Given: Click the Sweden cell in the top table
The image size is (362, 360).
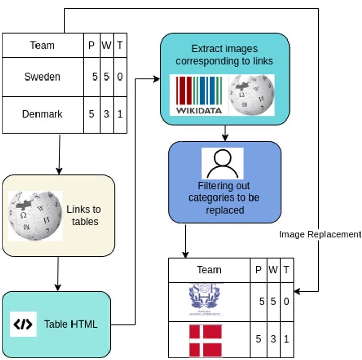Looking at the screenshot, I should (x=43, y=77).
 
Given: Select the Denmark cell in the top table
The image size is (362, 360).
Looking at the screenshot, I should (x=43, y=114).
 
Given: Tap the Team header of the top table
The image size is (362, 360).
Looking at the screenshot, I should (x=43, y=45).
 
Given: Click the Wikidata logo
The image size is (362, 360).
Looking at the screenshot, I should (x=199, y=95).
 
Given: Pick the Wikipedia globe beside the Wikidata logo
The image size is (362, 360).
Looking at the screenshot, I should (x=252, y=95).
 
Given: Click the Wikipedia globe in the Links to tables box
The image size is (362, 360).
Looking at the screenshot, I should (x=35, y=216).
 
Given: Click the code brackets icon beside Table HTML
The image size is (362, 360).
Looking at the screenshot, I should (x=23, y=324).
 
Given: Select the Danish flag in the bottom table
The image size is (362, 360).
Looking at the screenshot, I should (x=205, y=341).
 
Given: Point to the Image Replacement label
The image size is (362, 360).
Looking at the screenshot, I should (x=320, y=234).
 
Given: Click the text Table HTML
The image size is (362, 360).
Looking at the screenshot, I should (x=70, y=324).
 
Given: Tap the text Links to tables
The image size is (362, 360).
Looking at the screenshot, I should (x=85, y=215).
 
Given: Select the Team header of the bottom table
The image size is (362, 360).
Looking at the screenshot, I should (x=209, y=270).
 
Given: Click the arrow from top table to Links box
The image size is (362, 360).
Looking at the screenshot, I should (x=59, y=154).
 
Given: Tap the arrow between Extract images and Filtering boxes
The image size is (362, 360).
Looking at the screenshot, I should (x=225, y=133).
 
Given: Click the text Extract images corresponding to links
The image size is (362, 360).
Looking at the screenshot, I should (x=224, y=55).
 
